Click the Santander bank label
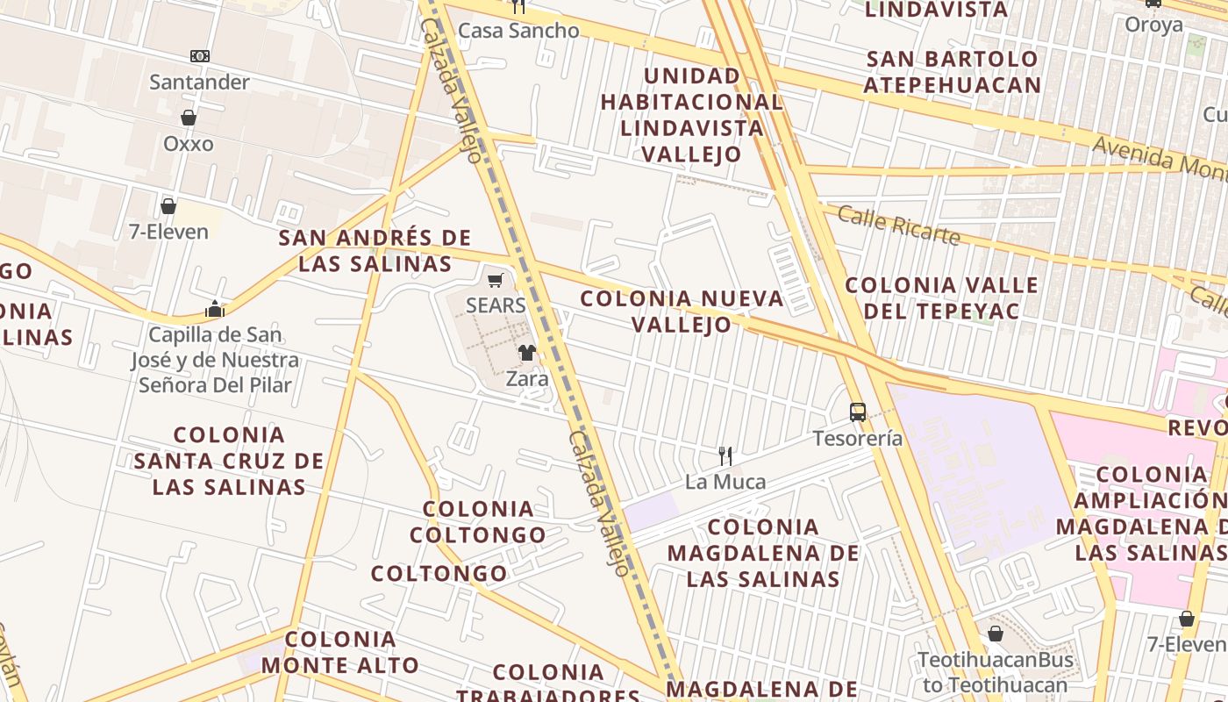(x=199, y=82)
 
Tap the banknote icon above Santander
(x=200, y=56)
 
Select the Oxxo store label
(x=188, y=143)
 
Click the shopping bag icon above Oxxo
(x=188, y=118)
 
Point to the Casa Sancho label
(x=518, y=31)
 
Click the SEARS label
(x=496, y=305)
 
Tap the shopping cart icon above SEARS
(x=496, y=281)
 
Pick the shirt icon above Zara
(x=526, y=353)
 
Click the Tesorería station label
(x=857, y=438)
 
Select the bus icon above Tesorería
(x=857, y=412)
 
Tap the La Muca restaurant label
(x=725, y=482)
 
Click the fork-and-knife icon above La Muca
(x=725, y=456)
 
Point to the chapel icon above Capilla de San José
(x=215, y=309)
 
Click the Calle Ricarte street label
(x=898, y=226)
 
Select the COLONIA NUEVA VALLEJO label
(x=682, y=312)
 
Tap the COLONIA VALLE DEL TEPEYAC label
(x=941, y=298)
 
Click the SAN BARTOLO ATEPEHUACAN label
(x=952, y=72)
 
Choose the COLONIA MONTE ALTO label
(x=339, y=651)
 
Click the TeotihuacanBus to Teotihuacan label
(x=995, y=672)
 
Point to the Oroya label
(x=1153, y=25)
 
